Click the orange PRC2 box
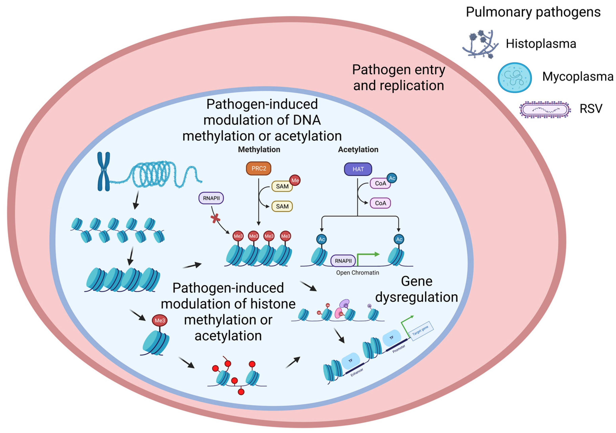258,168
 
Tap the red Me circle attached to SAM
295,180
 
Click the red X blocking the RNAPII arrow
215,219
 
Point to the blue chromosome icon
104,171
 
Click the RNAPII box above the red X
211,198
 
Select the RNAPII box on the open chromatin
343,261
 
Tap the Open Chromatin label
357,273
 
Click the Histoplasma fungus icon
480,44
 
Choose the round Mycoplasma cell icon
514,78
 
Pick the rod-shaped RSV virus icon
545,109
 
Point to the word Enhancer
357,372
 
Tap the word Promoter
399,349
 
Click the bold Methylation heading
259,149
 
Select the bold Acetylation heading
358,149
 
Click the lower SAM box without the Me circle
282,206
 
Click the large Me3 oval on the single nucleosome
160,321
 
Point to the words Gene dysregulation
416,289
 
